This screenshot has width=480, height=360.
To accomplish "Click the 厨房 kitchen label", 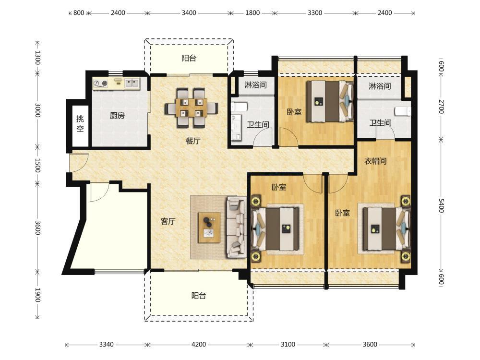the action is pos(117,116).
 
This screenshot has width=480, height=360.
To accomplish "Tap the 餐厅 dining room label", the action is pos(193,141).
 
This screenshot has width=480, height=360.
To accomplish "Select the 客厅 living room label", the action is pos(168,221).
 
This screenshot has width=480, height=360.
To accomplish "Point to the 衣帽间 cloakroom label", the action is pos(375,161).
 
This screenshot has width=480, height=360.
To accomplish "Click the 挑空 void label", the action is pos(80,124).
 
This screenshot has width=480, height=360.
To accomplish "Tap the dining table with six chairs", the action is pos(192,108).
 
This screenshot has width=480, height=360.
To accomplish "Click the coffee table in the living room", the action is pos(209,228).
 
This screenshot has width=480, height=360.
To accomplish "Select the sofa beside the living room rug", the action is pos(236,227).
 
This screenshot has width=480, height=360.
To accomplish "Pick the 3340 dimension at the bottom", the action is pos(106,344).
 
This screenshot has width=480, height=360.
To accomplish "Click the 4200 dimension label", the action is pos(199,344).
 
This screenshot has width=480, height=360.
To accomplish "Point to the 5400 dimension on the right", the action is pos(441,205).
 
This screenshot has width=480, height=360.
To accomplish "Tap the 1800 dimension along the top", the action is pos(252,13).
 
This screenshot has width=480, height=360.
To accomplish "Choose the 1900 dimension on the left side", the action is pos(37,295).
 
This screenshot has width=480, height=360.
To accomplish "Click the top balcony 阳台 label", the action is pos(189,58).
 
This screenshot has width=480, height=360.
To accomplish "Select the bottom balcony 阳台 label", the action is pos(199,296).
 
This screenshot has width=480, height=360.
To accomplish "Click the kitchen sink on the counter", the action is pos(132,83).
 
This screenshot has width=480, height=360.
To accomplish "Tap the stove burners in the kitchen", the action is pos(101,83).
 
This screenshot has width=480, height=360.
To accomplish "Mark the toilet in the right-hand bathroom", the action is pos(403,111).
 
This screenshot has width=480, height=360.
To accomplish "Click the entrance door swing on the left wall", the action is pos(79,162).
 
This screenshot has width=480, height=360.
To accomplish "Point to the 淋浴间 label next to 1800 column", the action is pos(256,85).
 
